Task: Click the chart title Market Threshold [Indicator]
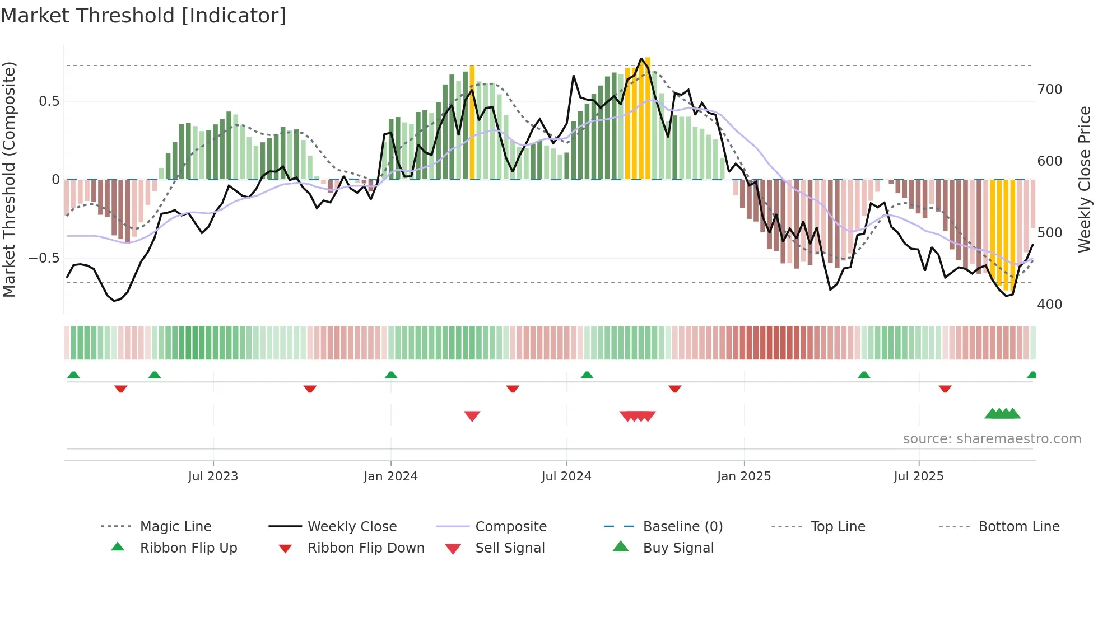point(143,16)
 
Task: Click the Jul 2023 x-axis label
point(213,476)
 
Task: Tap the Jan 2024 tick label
point(390,476)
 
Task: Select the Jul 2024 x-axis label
point(566,476)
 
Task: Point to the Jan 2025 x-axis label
point(744,476)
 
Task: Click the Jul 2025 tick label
point(919,476)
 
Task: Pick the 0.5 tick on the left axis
point(49,101)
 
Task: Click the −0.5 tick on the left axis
point(44,258)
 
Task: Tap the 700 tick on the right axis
point(1050,90)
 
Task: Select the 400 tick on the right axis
point(1050,305)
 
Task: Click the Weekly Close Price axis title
point(1085,179)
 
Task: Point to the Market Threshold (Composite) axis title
point(9,179)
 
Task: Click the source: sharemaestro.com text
point(992,439)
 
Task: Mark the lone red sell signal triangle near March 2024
point(472,416)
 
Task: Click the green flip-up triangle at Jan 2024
point(391,375)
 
